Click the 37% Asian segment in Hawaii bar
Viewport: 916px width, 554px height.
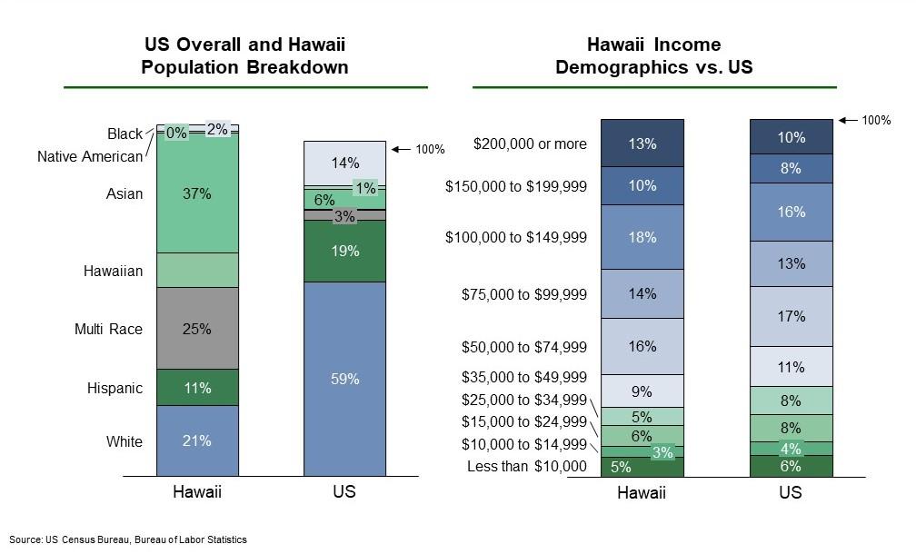pyautogui.click(x=197, y=194)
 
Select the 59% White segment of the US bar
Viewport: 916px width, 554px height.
pyautogui.click(x=344, y=379)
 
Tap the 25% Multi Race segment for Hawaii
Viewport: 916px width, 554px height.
pyautogui.click(x=197, y=328)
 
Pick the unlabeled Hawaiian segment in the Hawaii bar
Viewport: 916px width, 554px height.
pyautogui.click(x=197, y=271)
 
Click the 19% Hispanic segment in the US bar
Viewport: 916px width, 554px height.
pyautogui.click(x=344, y=251)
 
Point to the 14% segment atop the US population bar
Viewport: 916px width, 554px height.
pyautogui.click(x=344, y=163)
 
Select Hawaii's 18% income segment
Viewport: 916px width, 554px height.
pyautogui.click(x=642, y=237)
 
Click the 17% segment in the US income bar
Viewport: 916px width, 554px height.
pyautogui.click(x=791, y=316)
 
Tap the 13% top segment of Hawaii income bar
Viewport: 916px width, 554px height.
pyautogui.click(x=642, y=143)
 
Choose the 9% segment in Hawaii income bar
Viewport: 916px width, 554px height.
pyautogui.click(x=642, y=391)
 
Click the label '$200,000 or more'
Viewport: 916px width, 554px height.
pyautogui.click(x=530, y=144)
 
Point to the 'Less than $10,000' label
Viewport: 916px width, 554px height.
pyautogui.click(x=527, y=467)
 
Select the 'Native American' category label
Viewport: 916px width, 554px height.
pyautogui.click(x=90, y=156)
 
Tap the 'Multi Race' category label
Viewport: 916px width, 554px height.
pyautogui.click(x=109, y=330)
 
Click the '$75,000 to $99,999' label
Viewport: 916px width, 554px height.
pyautogui.click(x=524, y=294)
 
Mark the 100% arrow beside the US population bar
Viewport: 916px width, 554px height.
pyautogui.click(x=402, y=150)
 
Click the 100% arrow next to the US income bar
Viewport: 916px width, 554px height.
pyautogui.click(x=848, y=120)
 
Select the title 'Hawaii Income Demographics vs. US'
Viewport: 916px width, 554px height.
pyautogui.click(x=653, y=55)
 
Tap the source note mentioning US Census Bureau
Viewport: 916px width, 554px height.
pyautogui.click(x=128, y=539)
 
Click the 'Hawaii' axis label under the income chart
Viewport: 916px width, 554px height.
pyautogui.click(x=642, y=493)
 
